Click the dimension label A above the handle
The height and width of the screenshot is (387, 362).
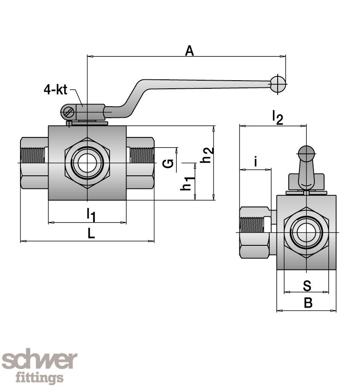190,51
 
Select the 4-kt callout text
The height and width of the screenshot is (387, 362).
55,90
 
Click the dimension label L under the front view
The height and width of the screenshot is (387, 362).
91,233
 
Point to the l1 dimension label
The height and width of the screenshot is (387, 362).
91,214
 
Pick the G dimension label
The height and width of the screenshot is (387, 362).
169,163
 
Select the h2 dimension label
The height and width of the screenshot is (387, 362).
207,154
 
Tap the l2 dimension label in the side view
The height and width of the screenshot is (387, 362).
277,117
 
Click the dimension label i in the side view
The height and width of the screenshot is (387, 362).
256,162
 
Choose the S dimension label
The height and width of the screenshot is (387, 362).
307,285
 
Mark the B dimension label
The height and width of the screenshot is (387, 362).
308,303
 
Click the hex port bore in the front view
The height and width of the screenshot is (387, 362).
87,163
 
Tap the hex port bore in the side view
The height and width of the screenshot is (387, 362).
306,233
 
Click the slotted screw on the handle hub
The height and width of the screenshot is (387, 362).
68,113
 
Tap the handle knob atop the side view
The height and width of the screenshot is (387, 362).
306,153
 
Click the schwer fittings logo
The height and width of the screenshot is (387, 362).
40,366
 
